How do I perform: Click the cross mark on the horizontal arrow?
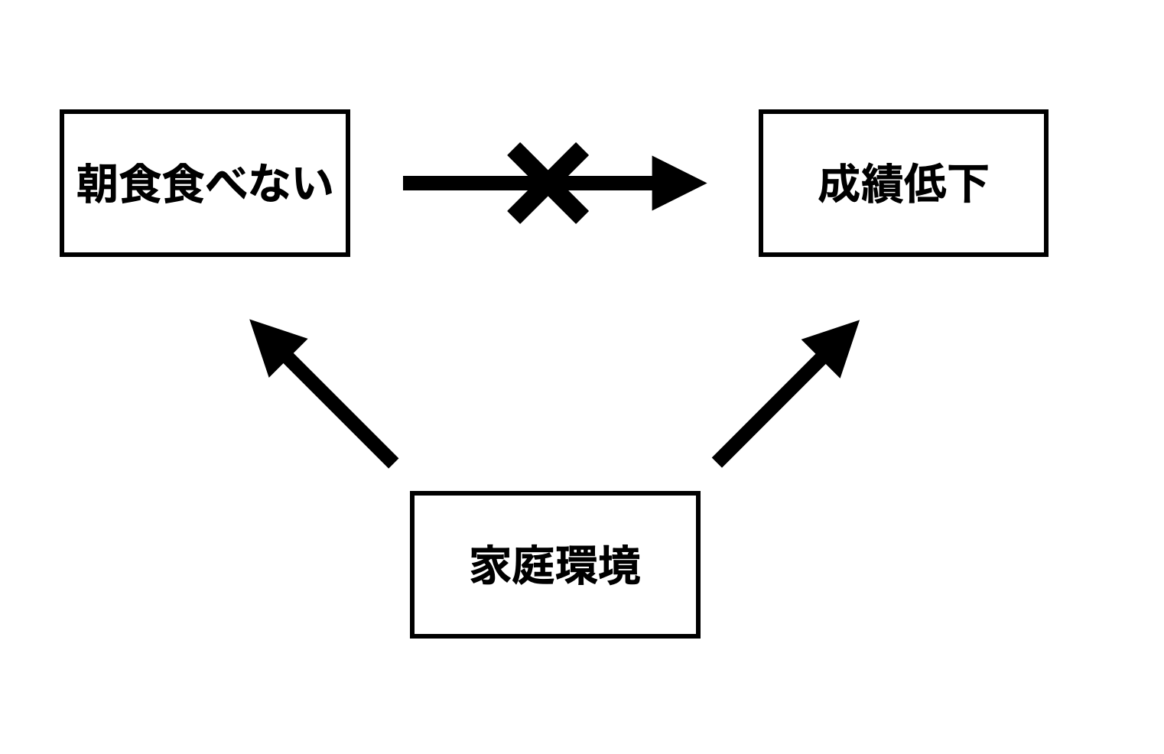(x=548, y=183)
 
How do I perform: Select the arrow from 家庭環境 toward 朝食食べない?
(x=324, y=394)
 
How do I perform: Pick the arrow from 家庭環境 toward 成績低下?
(x=785, y=393)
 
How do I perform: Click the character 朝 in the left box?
(x=98, y=184)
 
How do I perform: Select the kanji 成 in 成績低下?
(x=840, y=184)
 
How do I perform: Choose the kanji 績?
(x=883, y=184)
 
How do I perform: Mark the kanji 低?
(x=925, y=184)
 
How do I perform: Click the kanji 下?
(x=967, y=184)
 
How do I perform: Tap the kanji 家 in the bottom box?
(x=491, y=565)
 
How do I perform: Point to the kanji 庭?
(x=534, y=565)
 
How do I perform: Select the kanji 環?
(x=577, y=565)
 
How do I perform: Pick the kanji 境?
(x=619, y=565)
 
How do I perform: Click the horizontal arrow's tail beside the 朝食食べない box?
(x=405, y=183)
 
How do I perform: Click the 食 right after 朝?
(x=141, y=184)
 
